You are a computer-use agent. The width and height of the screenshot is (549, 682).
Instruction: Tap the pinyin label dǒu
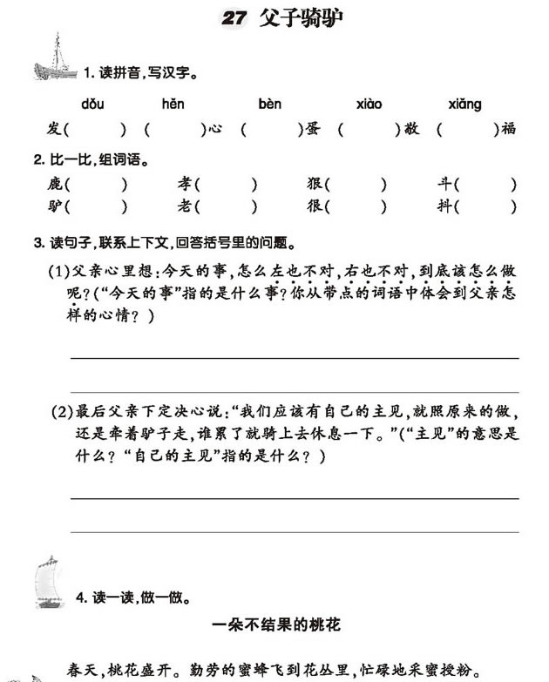tap(92, 105)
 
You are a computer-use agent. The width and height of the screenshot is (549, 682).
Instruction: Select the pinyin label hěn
tap(173, 105)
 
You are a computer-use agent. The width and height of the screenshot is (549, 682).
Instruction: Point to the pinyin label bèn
tap(270, 105)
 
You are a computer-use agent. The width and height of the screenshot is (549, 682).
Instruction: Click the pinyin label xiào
tap(369, 105)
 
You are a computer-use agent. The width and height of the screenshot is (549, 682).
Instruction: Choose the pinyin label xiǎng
tap(464, 105)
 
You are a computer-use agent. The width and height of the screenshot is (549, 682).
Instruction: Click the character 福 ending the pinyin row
tap(509, 129)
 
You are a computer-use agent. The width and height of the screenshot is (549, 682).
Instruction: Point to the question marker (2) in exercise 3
tap(62, 410)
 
